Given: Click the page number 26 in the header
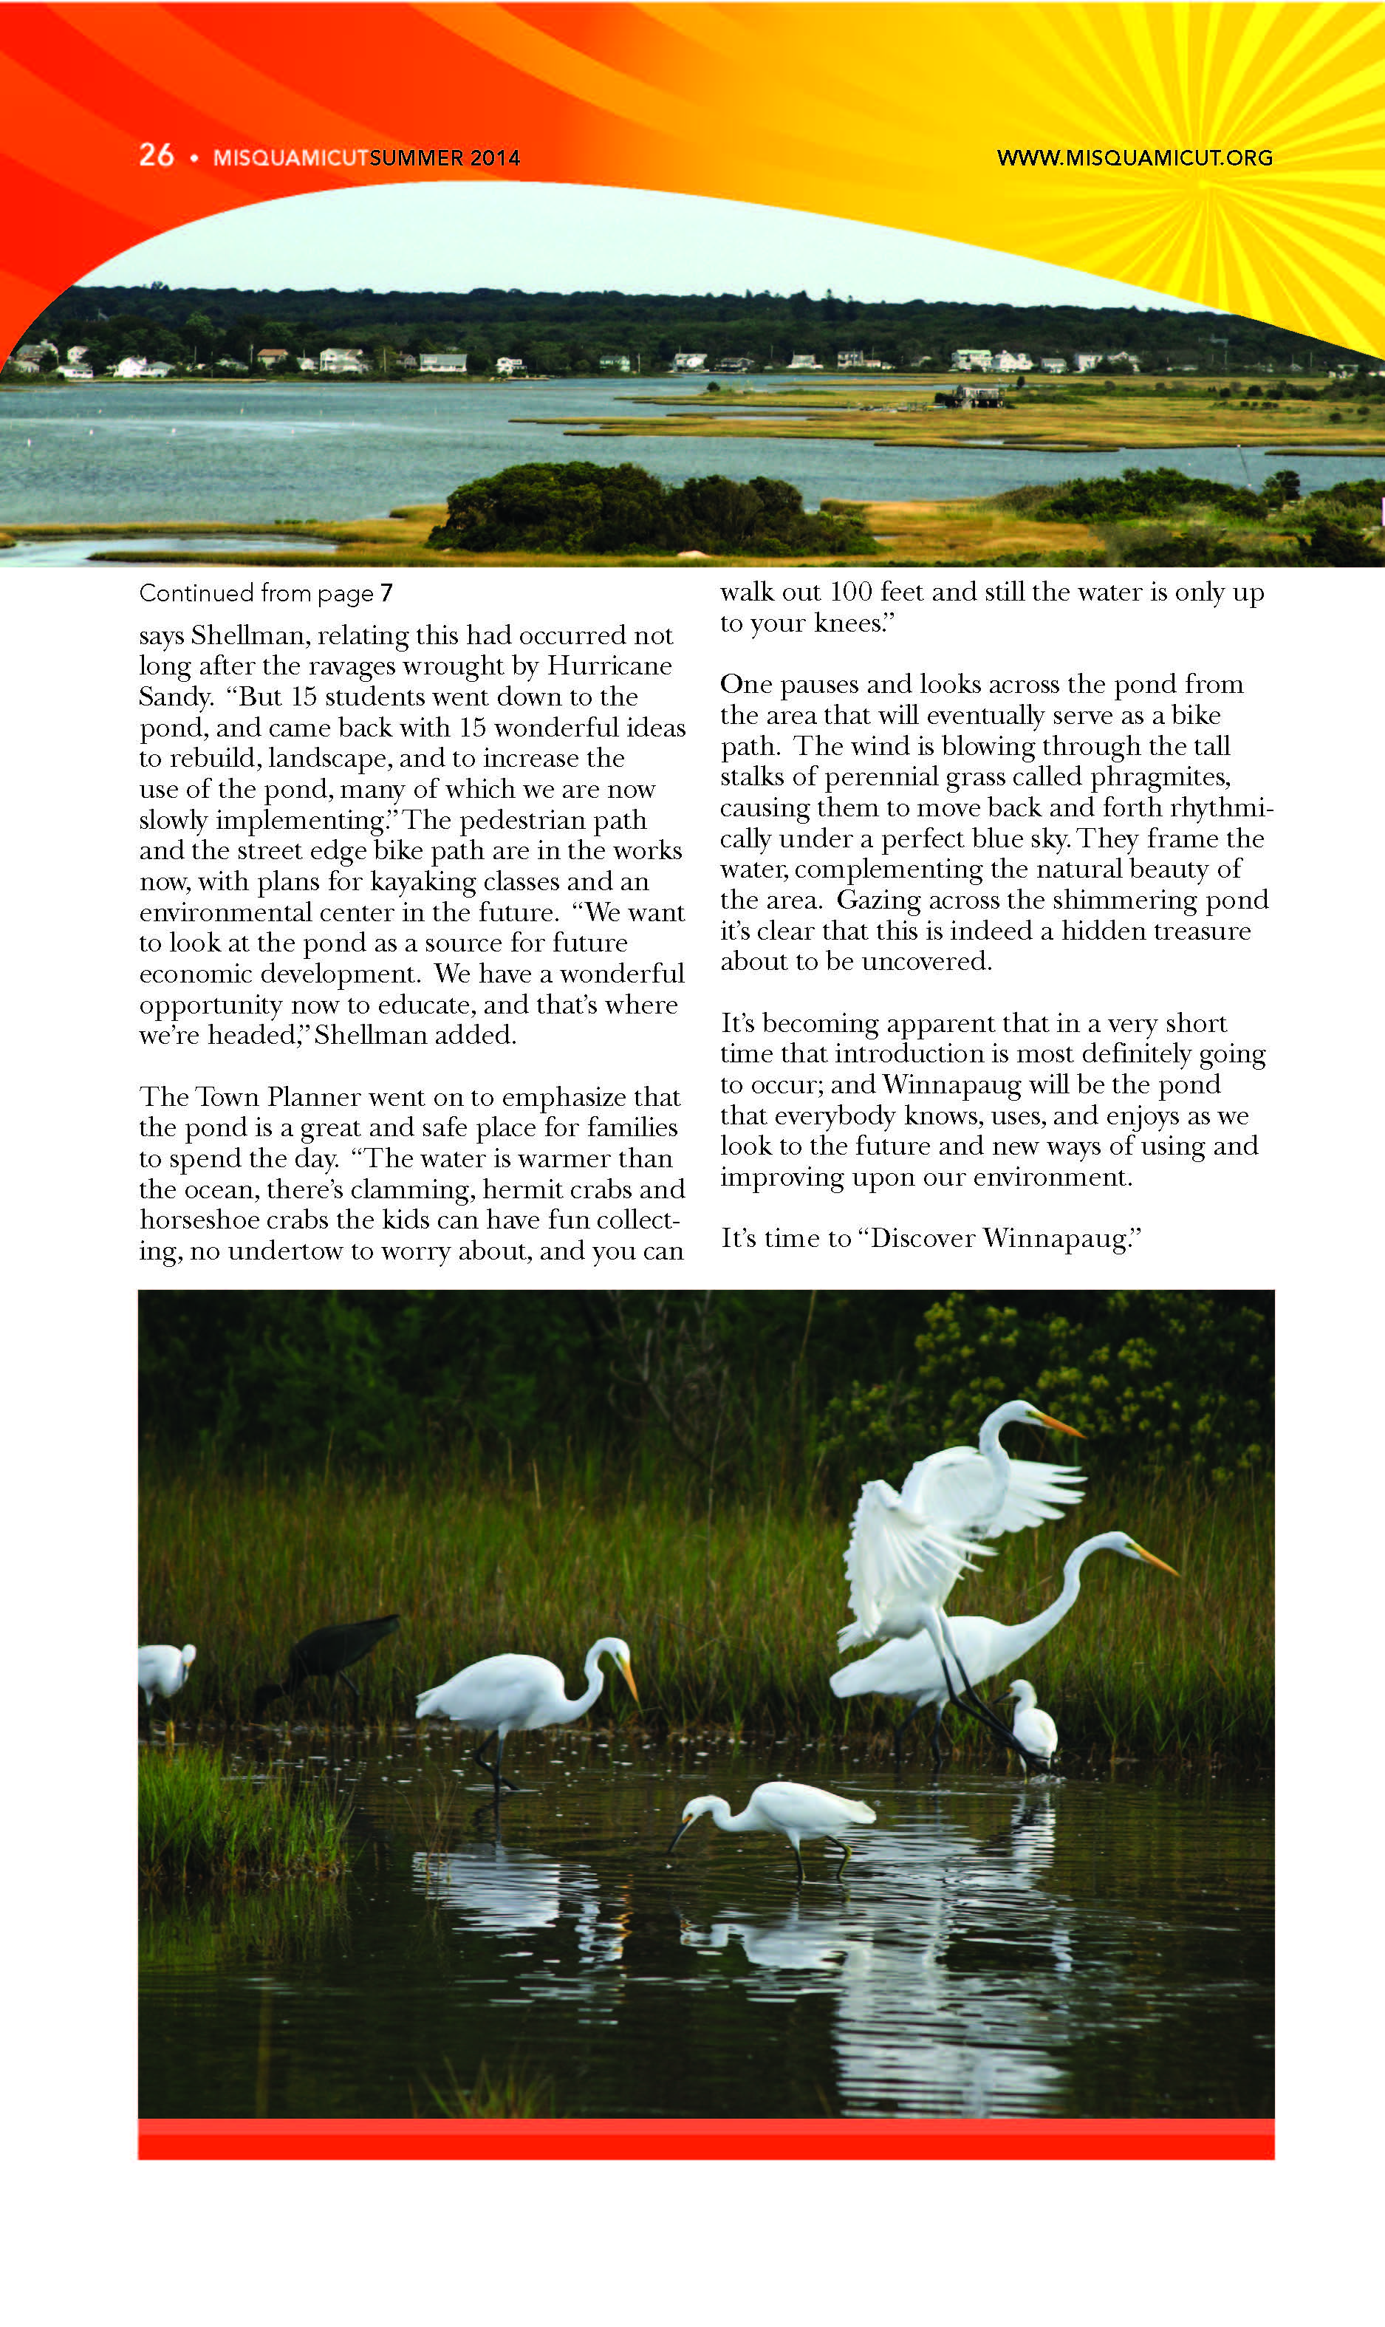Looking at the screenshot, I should [x=156, y=155].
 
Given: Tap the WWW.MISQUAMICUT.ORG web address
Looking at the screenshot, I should [x=1134, y=158].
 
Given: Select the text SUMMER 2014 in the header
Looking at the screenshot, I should [x=444, y=158].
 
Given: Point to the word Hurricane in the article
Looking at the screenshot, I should [x=609, y=666].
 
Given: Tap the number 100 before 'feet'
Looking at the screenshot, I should [x=850, y=592].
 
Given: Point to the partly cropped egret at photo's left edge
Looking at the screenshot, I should [x=164, y=1671].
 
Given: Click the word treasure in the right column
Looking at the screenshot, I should [x=1203, y=932].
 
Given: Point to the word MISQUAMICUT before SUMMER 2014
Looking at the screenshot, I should [x=290, y=158].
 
